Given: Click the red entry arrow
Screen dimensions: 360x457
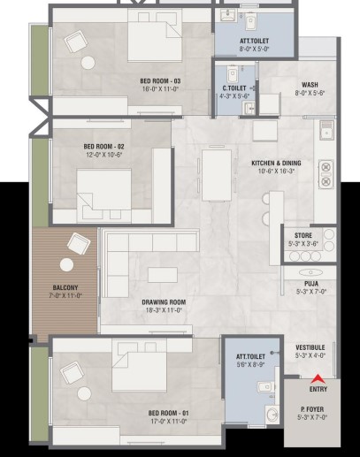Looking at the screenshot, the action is [318, 378].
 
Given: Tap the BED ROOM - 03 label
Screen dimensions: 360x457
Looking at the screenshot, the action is [160, 81].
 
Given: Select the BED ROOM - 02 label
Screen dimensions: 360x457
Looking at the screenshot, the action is [103, 147].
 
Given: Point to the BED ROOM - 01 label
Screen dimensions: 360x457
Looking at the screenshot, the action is [169, 413].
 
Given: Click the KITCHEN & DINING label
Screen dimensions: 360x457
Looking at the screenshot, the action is [276, 163].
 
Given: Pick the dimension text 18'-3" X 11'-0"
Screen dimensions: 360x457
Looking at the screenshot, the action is [164, 310].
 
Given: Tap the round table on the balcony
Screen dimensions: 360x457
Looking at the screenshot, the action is [66, 265].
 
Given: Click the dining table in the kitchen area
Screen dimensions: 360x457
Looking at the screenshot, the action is [217, 175].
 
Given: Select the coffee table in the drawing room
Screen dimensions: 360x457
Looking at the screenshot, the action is [163, 275].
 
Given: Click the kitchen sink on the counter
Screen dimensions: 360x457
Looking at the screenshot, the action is [326, 130].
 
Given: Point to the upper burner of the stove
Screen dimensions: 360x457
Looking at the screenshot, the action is [326, 167].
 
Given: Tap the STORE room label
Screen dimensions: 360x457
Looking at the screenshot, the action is [303, 235].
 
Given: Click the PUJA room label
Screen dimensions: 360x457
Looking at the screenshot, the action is [311, 284].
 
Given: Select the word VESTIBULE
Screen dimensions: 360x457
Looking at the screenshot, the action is [310, 347].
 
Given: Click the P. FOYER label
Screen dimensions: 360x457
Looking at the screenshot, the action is [312, 409].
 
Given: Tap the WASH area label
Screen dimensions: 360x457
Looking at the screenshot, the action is [310, 85].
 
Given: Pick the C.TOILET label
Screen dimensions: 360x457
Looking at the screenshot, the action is [234, 88].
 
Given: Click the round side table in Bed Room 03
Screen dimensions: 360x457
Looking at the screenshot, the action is [88, 63].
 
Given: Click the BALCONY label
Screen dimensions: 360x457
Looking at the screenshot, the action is [65, 287].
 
